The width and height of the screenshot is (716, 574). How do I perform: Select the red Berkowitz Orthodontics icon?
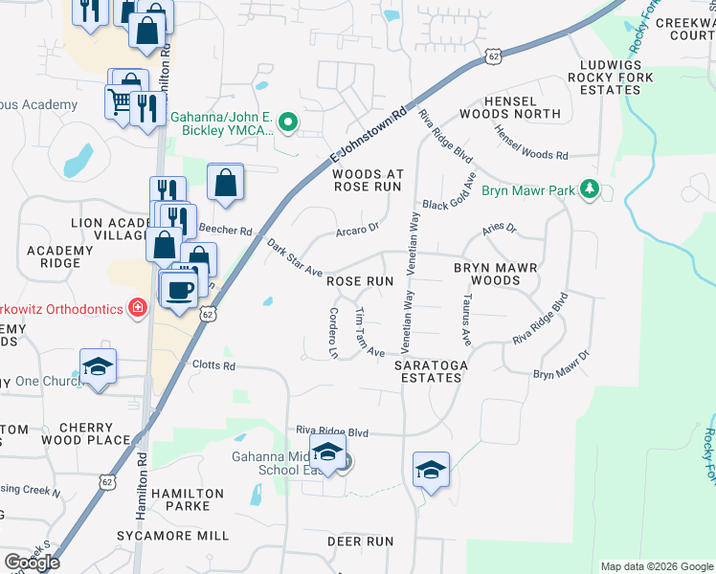pyautogui.click(x=139, y=308)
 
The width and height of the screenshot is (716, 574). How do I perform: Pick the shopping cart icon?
pyautogui.click(x=120, y=101)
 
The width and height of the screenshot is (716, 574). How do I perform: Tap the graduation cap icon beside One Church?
pyautogui.click(x=98, y=368)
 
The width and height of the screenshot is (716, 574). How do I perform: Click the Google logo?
pyautogui.click(x=32, y=563)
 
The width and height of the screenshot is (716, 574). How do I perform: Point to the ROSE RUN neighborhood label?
pyautogui.click(x=360, y=281)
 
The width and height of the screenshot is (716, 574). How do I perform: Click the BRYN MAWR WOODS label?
pyautogui.click(x=501, y=274)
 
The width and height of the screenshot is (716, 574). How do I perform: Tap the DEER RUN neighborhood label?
pyautogui.click(x=360, y=541)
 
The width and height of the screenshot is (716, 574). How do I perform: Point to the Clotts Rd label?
pyautogui.click(x=213, y=365)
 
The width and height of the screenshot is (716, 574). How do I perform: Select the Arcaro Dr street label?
pyautogui.click(x=358, y=229)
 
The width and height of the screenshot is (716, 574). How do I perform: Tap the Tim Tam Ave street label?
pyautogui.click(x=369, y=333)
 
